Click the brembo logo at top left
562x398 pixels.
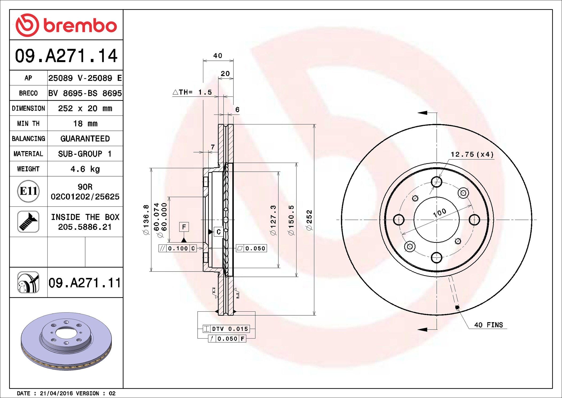click(x=66, y=25)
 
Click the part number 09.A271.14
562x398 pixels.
click(x=66, y=56)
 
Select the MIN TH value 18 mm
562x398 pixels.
click(x=85, y=124)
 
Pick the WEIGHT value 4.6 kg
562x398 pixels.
click(x=85, y=169)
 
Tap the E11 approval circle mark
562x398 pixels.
click(x=28, y=191)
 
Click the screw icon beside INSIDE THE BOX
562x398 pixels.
click(x=28, y=222)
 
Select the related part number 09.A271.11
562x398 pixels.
click(x=85, y=283)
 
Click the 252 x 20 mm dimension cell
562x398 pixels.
click(x=85, y=108)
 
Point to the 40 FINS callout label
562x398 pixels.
click(x=488, y=325)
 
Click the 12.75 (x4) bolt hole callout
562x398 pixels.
click(x=472, y=154)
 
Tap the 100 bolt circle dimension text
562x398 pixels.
click(x=440, y=213)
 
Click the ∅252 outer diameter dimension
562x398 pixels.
click(x=309, y=220)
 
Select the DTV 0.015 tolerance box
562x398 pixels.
click(x=227, y=329)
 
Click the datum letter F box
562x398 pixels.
click(x=184, y=227)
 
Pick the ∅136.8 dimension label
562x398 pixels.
click(x=146, y=220)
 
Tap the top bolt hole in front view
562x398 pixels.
click(x=436, y=182)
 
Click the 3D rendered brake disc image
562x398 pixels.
click(x=66, y=341)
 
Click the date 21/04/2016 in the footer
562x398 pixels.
click(x=56, y=393)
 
